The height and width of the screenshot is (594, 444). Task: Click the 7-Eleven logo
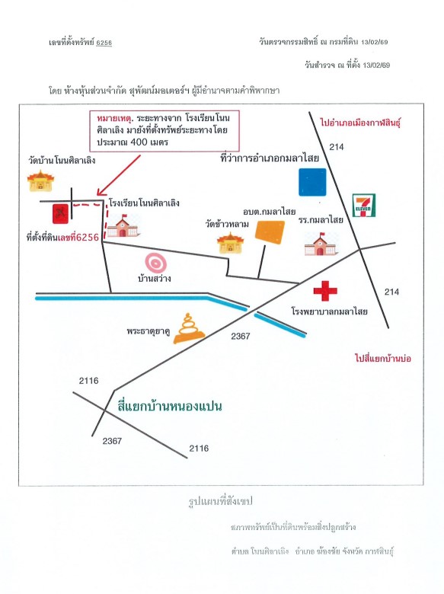(364, 206)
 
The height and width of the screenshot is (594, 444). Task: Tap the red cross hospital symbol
(325, 291)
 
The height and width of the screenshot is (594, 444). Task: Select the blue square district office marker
(312, 182)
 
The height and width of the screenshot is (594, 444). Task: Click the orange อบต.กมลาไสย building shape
(270, 232)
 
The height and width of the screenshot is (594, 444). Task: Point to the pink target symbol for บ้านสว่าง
(155, 263)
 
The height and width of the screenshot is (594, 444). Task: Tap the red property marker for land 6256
(60, 214)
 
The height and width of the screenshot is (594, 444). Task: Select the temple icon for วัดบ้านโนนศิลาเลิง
(40, 181)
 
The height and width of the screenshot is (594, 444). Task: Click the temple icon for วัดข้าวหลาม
(230, 242)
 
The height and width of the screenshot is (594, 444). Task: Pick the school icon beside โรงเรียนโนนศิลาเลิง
(123, 225)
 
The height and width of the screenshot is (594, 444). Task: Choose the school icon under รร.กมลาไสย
(321, 243)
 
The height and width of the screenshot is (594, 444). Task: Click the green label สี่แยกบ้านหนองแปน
(170, 406)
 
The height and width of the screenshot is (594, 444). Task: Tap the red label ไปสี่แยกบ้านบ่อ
(383, 358)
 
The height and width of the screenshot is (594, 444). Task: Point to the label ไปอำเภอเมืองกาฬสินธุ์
(360, 123)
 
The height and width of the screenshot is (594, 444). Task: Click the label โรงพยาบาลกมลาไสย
(329, 311)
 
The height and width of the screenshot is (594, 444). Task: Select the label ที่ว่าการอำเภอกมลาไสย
(270, 158)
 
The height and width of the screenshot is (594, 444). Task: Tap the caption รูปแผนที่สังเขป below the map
(221, 502)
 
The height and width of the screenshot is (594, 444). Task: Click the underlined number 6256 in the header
(104, 43)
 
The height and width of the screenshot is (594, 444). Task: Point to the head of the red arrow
(98, 193)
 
